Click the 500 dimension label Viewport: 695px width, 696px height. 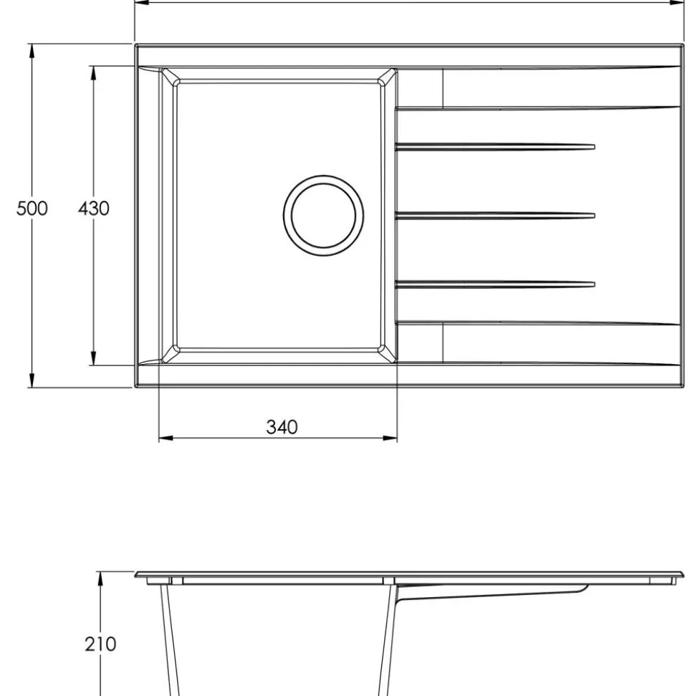click(x=32, y=208)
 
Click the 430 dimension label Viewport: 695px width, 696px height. click(x=94, y=208)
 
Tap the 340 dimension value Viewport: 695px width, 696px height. click(x=282, y=427)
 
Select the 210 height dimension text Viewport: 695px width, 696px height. click(x=100, y=644)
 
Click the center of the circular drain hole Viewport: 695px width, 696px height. click(x=324, y=215)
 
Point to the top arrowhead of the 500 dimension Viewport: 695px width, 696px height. click(x=32, y=51)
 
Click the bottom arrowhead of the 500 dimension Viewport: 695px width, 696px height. click(x=32, y=380)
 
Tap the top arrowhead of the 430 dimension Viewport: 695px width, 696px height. click(x=93, y=73)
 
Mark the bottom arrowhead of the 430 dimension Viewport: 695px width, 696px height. click(x=93, y=358)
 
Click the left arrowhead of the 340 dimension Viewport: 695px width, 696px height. click(x=166, y=439)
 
